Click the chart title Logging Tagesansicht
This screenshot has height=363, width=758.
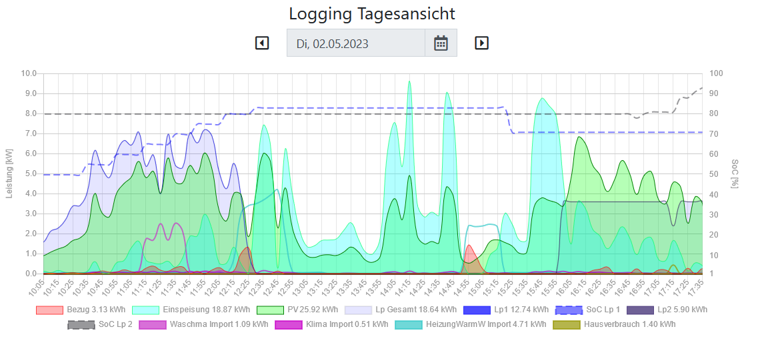point(372,13)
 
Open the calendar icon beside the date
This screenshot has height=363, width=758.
point(441,43)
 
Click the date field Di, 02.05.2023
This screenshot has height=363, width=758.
point(356,43)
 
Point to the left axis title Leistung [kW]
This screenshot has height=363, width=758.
point(9,173)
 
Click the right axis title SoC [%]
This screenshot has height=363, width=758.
point(735,173)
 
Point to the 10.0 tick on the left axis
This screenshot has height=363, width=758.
point(29,73)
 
